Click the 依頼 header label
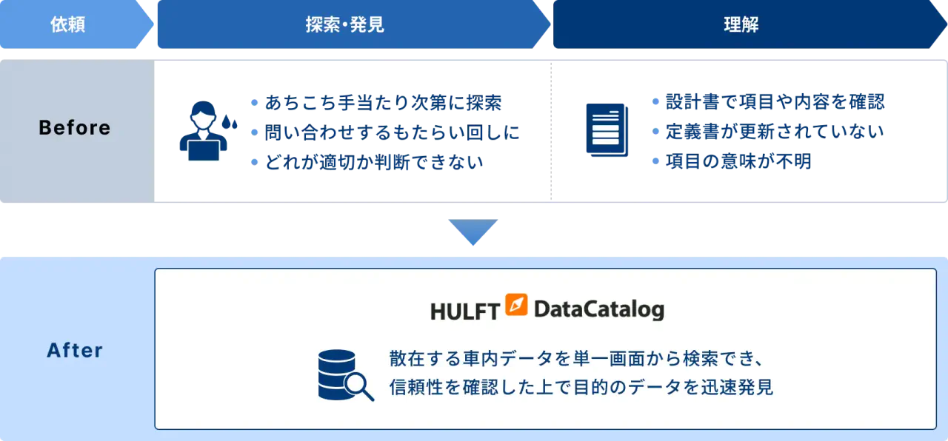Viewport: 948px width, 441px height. pyautogui.click(x=68, y=24)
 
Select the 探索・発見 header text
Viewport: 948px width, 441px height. pyautogui.click(x=345, y=24)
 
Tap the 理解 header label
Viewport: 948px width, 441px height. pyautogui.click(x=741, y=24)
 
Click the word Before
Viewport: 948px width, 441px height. pyautogui.click(x=75, y=128)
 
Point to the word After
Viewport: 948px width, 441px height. pyautogui.click(x=75, y=350)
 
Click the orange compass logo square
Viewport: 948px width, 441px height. pyautogui.click(x=516, y=305)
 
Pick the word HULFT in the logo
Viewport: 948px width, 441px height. pyautogui.click(x=464, y=311)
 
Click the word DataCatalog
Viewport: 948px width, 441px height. pyautogui.click(x=598, y=309)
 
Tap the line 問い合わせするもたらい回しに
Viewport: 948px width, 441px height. pyautogui.click(x=392, y=132)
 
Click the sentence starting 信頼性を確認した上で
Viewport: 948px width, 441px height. pyautogui.click(x=581, y=387)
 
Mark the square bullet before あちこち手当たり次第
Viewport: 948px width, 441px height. pyautogui.click(x=254, y=102)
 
